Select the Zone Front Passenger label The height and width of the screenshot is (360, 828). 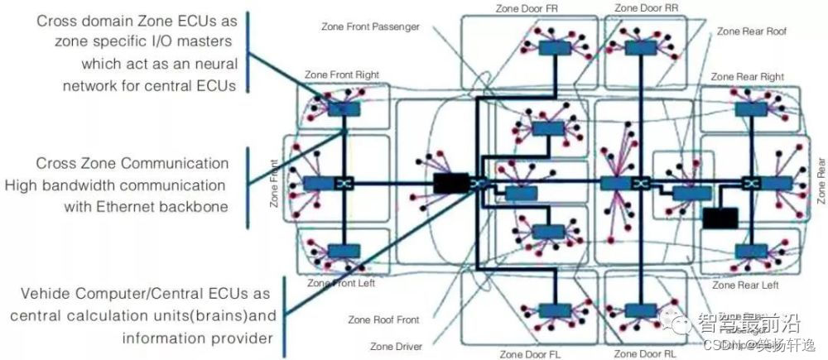pos(370,26)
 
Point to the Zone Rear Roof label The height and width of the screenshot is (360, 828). pos(751,31)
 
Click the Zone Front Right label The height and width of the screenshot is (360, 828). pos(342,74)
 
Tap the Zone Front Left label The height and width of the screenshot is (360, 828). pos(340,283)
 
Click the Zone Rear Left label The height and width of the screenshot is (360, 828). pos(745,286)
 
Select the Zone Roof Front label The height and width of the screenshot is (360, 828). pos(383,319)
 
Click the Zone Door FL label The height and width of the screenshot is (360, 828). pos(530,354)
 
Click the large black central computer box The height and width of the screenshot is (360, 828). pos(451,184)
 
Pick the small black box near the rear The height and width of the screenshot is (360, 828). pos(720,218)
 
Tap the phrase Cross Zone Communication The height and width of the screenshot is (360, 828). pos(132,163)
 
